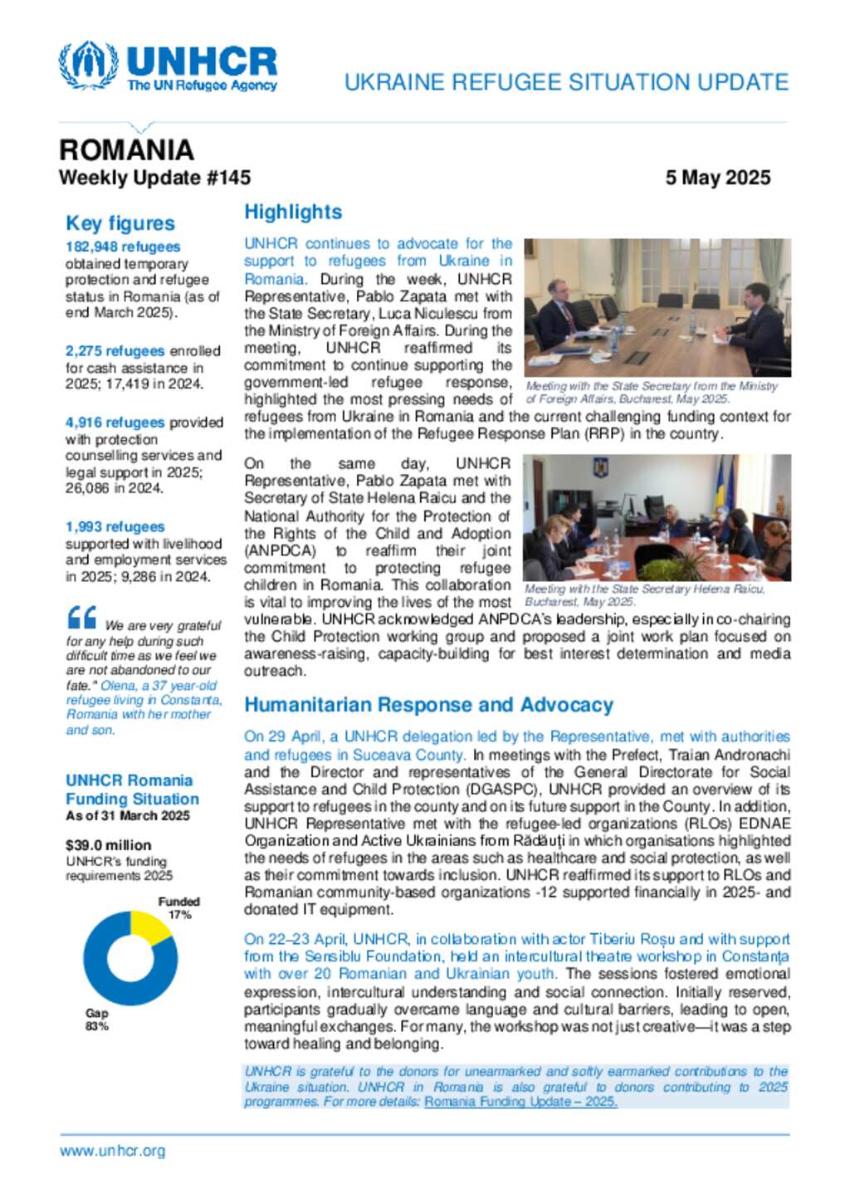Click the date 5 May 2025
point(717,178)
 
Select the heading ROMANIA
point(126,149)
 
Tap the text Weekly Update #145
point(154,178)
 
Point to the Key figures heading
point(120,223)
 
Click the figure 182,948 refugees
point(123,247)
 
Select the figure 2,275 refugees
point(115,350)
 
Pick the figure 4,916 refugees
point(115,423)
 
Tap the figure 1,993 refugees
point(115,527)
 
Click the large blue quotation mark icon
point(82,618)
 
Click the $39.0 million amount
point(108,845)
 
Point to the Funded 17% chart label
point(179,907)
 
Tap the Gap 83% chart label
point(97,1020)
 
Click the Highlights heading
point(293,213)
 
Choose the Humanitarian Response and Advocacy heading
point(428,705)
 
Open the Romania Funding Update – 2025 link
point(520,1102)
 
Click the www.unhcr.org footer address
point(112,1151)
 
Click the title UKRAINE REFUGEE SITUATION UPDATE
point(566,82)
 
